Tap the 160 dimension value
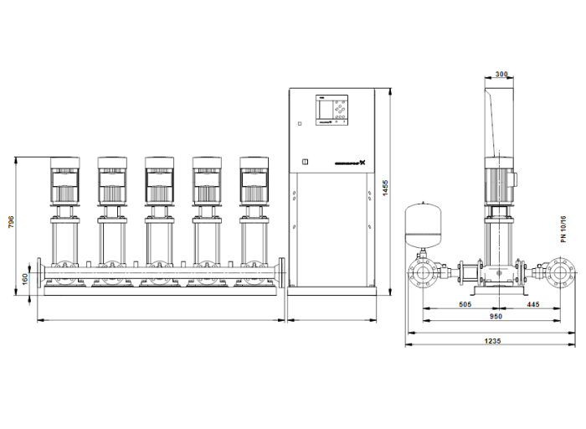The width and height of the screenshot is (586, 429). point(26,277)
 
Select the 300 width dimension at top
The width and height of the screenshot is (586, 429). point(501,75)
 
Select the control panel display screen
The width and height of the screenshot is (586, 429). point(324,110)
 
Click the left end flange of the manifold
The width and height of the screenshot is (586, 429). point(39,271)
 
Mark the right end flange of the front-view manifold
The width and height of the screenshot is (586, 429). point(282,271)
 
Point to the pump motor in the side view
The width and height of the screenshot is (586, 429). point(500,183)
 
